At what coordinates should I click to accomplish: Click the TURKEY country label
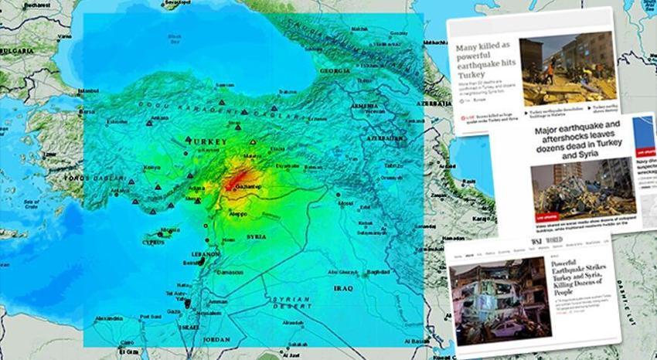206,142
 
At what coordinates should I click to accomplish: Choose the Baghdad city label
377,272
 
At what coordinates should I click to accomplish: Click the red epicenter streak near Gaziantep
236,178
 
